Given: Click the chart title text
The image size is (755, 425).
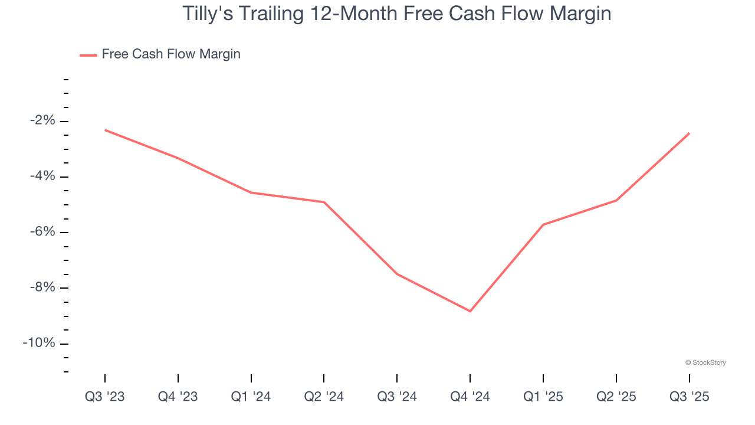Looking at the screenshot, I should (x=396, y=14).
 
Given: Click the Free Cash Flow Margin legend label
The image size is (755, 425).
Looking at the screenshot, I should (x=171, y=54).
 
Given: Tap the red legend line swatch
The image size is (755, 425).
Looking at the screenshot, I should (x=88, y=55).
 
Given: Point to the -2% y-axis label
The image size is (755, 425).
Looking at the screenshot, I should (x=42, y=121).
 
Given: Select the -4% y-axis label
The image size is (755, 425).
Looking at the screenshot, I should (x=42, y=176).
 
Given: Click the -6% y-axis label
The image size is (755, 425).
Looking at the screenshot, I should (x=42, y=232).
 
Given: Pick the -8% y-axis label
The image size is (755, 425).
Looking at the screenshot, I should (x=42, y=288).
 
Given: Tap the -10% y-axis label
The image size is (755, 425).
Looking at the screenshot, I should (x=40, y=344).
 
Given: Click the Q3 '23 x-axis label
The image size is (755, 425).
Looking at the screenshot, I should (x=105, y=397).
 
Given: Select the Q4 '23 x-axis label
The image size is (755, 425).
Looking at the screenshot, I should (x=178, y=397).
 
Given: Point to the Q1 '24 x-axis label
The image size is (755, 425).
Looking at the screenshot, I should (x=251, y=397).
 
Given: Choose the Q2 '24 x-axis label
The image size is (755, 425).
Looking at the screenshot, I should (x=324, y=397).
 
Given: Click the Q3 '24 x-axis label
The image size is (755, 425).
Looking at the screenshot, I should (x=397, y=397).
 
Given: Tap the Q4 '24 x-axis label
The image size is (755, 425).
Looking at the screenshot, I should (x=470, y=397).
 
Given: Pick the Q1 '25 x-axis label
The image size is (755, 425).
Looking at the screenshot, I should (x=543, y=397).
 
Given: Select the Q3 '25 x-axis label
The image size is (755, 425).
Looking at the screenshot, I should (x=689, y=397).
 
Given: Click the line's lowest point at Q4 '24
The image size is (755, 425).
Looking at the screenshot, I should (x=470, y=311).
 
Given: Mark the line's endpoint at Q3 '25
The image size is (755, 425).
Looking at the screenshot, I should (x=689, y=133).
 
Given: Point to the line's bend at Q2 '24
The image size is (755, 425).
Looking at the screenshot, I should (x=324, y=202).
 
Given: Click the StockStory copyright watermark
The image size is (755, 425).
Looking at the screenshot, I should (x=705, y=362).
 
